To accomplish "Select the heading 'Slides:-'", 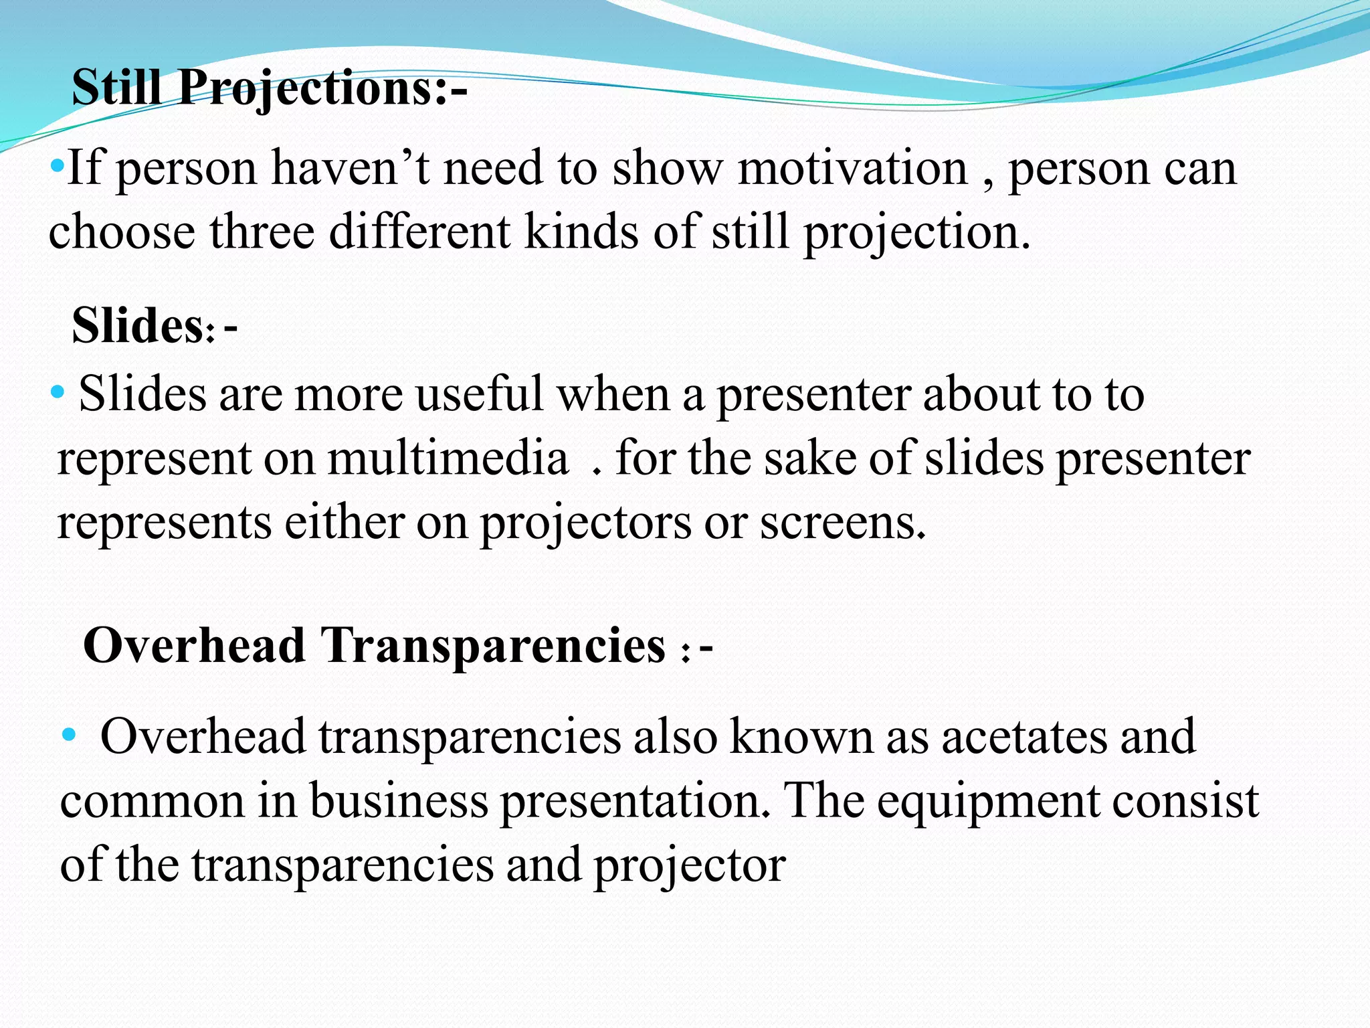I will tap(155, 326).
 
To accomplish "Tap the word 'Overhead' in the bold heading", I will tap(194, 646).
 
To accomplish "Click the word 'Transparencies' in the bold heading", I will tap(494, 647).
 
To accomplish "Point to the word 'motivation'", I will tap(853, 169).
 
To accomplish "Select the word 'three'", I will tap(262, 232).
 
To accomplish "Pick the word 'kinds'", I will tap(581, 232).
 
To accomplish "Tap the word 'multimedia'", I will tap(448, 459).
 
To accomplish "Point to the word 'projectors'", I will tap(585, 523).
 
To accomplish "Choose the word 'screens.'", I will tap(843, 523).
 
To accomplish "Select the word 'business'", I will tap(399, 801).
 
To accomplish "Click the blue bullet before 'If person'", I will tap(58, 164).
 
